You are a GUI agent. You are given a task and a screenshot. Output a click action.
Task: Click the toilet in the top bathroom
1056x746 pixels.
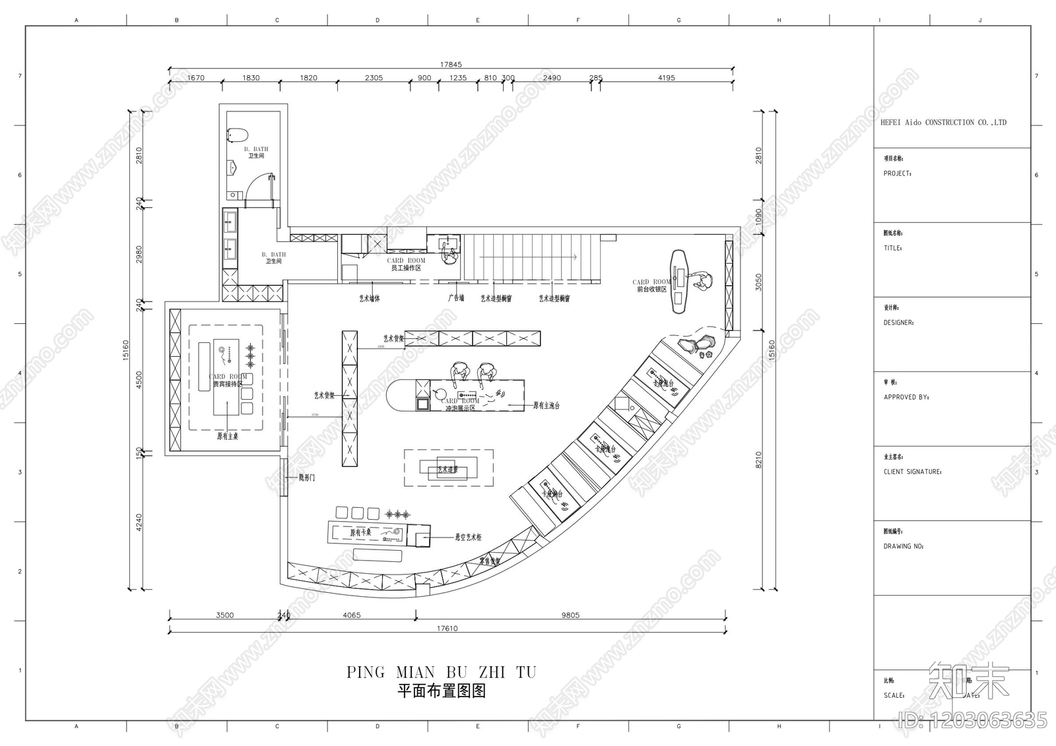(236, 135)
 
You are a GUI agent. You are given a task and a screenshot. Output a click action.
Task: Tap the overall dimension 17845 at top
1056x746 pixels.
(451, 65)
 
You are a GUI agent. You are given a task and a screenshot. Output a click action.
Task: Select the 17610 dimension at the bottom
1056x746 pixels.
(447, 629)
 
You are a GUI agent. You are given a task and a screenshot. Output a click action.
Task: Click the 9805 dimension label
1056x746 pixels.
(570, 615)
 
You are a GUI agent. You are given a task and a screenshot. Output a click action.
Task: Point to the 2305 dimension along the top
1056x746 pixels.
(374, 78)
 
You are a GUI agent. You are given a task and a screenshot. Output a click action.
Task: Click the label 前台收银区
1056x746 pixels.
(651, 289)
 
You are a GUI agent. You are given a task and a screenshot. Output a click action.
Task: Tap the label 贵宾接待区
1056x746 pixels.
(228, 384)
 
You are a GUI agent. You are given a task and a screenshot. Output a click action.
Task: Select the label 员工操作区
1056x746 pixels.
(406, 268)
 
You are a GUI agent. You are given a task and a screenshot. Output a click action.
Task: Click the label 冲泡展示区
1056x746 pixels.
(460, 408)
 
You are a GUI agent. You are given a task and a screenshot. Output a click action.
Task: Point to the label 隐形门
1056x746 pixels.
(307, 478)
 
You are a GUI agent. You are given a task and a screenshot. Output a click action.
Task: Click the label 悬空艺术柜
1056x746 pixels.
(468, 538)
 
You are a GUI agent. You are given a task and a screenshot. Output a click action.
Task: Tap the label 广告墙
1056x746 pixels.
(456, 298)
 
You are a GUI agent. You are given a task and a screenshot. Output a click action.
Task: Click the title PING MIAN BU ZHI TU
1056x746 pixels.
(442, 672)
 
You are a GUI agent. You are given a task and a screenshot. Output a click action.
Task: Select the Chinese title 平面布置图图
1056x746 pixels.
(442, 691)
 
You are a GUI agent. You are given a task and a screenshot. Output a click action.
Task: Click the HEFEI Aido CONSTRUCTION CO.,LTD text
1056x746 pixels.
(943, 123)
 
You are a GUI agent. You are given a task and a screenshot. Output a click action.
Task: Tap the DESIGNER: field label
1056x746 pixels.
(898, 323)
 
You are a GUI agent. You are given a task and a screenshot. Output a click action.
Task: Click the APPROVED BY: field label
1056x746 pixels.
(906, 397)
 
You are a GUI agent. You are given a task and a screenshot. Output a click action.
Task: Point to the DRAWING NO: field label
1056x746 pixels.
(904, 546)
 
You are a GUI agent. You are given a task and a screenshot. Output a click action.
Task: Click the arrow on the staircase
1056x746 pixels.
(528, 257)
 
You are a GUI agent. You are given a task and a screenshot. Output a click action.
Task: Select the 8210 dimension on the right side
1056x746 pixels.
(758, 460)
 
